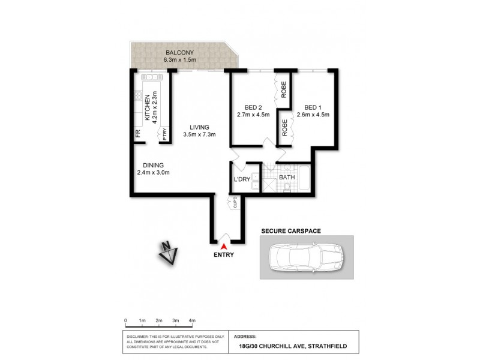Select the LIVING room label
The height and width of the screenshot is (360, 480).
(199, 127)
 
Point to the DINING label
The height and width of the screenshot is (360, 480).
(153, 166)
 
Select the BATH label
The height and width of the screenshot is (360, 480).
(286, 178)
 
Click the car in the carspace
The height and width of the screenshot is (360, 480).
(306, 257)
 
